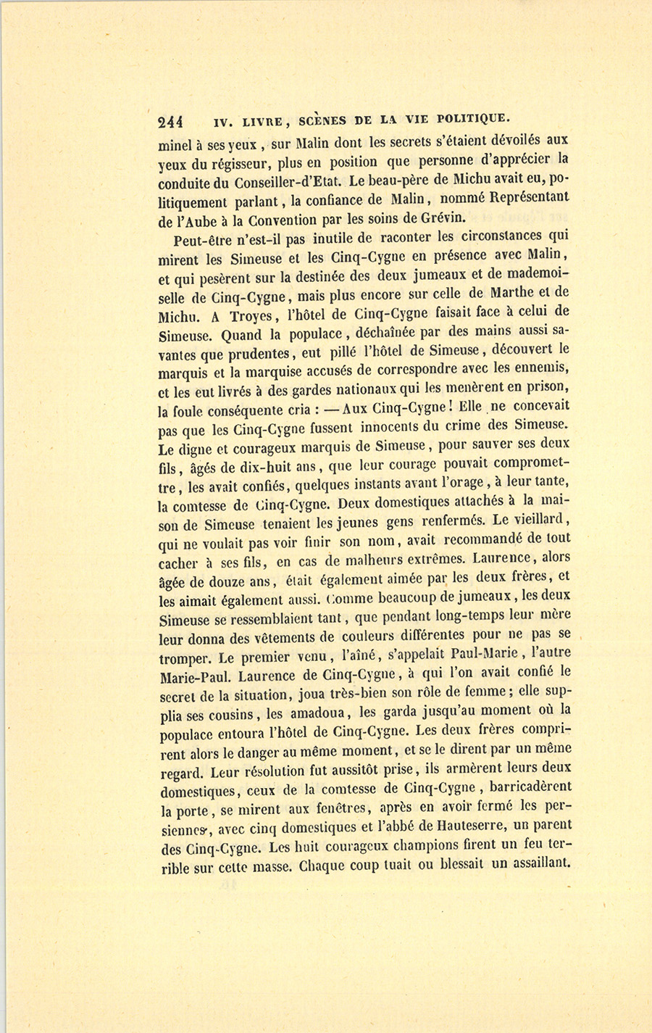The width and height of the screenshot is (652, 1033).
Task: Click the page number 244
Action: (171, 120)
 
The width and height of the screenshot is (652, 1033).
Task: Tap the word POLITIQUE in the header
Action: (469, 118)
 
